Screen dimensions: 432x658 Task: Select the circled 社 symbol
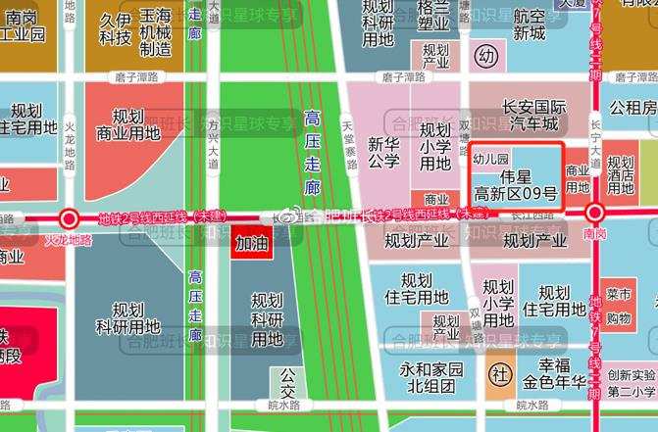(499, 374)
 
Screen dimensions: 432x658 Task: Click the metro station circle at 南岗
(594, 215)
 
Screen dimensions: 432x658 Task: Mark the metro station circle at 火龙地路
(69, 218)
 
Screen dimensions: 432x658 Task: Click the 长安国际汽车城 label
(516, 115)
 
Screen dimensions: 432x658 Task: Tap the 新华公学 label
(384, 154)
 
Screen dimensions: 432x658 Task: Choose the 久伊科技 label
(115, 28)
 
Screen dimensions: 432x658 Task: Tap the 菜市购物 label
(619, 306)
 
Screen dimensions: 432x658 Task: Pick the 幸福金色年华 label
(552, 373)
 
